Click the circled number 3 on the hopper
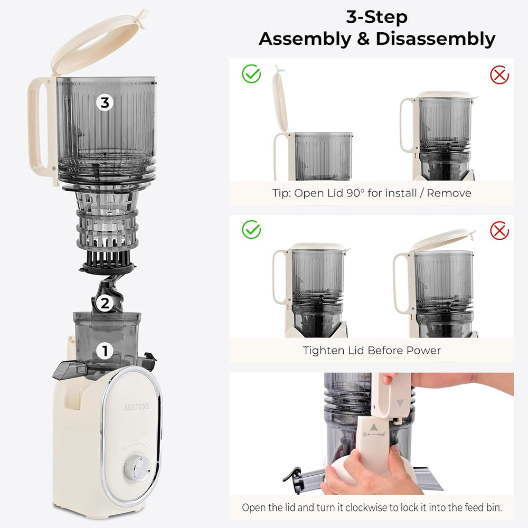tap(105, 102)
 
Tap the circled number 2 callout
tap(105, 304)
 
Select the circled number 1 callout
tap(105, 350)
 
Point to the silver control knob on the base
tap(140, 468)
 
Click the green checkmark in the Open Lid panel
tap(251, 74)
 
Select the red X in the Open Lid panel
tap(499, 74)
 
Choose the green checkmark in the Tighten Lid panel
tap(251, 230)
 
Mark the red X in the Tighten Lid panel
tap(499, 230)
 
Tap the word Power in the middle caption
tap(423, 350)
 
